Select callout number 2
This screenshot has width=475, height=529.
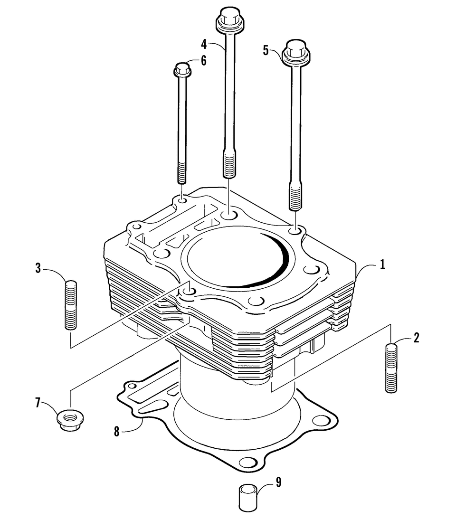pos(416,338)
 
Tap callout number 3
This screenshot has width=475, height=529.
pos(38,268)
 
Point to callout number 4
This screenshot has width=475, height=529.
pos(204,44)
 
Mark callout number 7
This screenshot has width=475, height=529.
pos(38,403)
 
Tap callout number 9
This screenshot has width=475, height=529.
pos(278,482)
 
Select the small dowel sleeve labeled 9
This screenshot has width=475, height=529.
pos(247,498)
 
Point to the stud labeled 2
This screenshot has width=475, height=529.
pos(390,368)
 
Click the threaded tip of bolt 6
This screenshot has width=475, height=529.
pos(182,173)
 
